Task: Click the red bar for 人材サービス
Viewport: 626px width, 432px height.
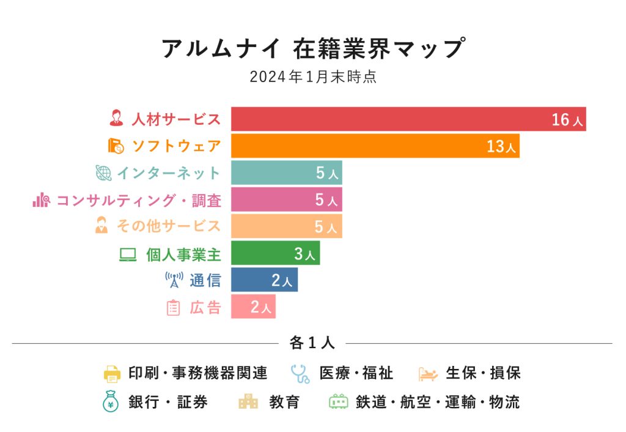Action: pyautogui.click(x=391, y=119)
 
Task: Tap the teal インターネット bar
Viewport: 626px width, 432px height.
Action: pyautogui.click(x=275, y=173)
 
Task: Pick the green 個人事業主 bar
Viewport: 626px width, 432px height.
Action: pyautogui.click(x=263, y=253)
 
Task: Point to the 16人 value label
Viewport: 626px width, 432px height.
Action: pyautogui.click(x=567, y=120)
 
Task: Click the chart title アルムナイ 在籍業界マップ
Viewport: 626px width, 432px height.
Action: pyautogui.click(x=312, y=49)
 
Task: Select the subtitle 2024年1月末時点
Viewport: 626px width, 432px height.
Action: pyautogui.click(x=312, y=78)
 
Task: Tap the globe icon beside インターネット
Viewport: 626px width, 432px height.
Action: pyautogui.click(x=103, y=173)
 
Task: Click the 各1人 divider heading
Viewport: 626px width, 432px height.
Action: pyautogui.click(x=312, y=343)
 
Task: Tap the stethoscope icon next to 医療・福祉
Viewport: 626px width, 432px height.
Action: pyautogui.click(x=300, y=373)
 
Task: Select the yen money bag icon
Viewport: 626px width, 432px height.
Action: pyautogui.click(x=111, y=402)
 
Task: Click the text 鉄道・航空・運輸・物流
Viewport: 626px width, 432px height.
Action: pyautogui.click(x=438, y=402)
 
